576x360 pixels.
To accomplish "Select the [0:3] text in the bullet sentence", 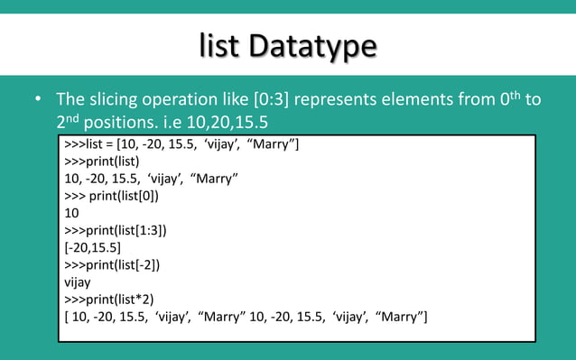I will (268, 98).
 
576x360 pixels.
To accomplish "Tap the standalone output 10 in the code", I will (72, 213).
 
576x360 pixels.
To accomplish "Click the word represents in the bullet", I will (340, 98).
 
